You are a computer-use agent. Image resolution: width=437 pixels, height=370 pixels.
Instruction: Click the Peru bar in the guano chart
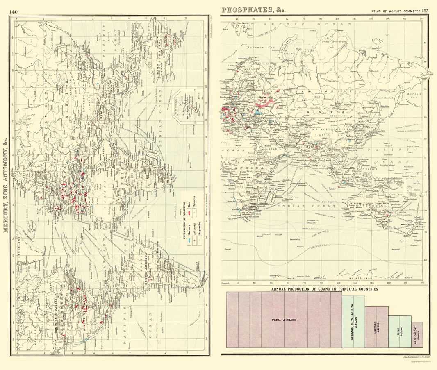click(x=284, y=320)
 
